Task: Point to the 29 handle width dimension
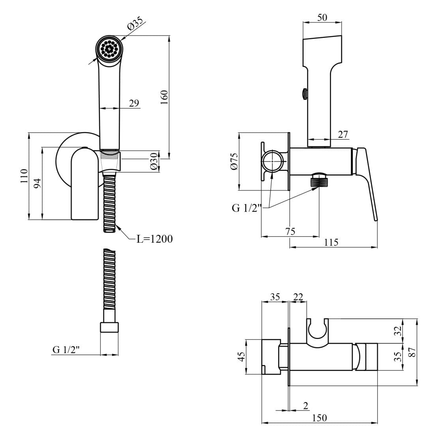(x=134, y=103)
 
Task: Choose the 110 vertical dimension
(x=24, y=176)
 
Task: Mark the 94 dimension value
(x=37, y=183)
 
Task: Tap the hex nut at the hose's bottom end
(x=109, y=328)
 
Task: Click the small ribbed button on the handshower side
(x=304, y=94)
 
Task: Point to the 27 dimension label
(x=343, y=134)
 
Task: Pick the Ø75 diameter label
(x=234, y=161)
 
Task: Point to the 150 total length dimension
(x=319, y=417)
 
